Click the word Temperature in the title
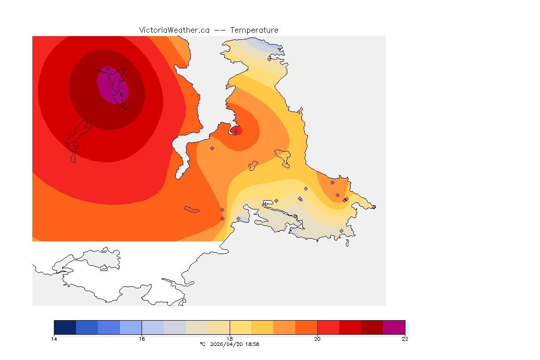point(254,30)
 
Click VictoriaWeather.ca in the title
point(174,30)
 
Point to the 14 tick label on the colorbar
point(54,339)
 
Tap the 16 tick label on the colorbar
point(142,339)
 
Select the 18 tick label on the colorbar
point(230,339)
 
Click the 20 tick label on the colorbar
point(317,339)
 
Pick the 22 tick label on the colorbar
point(405,339)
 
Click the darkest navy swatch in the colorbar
point(65,327)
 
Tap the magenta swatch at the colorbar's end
point(394,327)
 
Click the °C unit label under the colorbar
point(202,344)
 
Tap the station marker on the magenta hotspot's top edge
point(108,68)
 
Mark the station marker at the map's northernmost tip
point(270,59)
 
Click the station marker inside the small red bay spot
point(236,131)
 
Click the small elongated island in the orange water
point(192,209)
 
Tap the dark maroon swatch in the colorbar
point(372,327)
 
